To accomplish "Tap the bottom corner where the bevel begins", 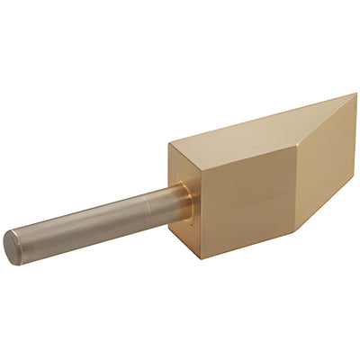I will coord(298,230).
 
